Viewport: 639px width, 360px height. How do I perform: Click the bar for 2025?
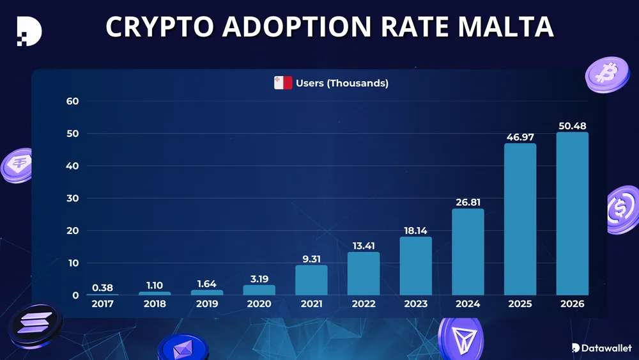520,219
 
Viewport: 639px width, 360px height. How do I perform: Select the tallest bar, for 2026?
572,214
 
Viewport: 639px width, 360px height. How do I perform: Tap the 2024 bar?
468,252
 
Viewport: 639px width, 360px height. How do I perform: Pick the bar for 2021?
311,280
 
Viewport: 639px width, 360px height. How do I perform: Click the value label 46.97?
520,137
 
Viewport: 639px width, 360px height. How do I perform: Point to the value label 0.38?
102,287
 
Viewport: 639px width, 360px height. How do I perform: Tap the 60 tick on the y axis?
72,101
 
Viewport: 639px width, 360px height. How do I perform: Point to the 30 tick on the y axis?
72,198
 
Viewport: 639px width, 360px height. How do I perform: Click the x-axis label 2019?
206,304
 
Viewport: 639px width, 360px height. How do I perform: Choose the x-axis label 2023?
415,304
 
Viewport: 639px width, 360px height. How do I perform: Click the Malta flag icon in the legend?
283,83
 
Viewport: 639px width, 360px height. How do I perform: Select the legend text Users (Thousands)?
342,83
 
